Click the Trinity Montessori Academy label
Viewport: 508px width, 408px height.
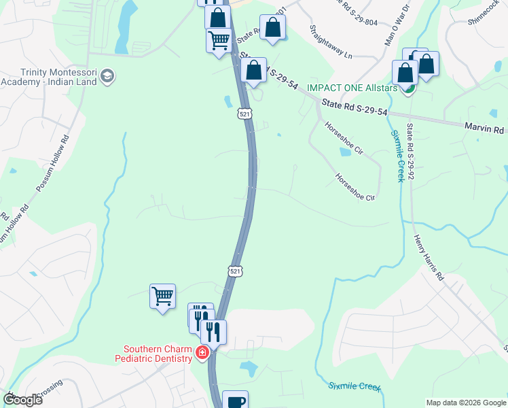[50, 77]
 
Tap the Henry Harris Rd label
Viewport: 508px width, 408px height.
[429, 258]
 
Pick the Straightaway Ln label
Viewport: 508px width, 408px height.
[331, 42]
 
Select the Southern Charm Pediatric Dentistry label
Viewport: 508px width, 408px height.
[153, 354]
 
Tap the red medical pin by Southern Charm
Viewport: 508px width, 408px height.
[202, 352]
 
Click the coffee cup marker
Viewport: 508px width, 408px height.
[235, 401]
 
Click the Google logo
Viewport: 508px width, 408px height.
[22, 399]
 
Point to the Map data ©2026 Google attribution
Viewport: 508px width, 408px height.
[465, 403]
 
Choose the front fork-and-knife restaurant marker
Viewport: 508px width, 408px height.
[213, 331]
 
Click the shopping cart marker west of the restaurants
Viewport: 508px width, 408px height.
[162, 296]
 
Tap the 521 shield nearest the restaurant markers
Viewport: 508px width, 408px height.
[234, 271]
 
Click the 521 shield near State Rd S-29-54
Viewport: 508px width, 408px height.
[244, 114]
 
